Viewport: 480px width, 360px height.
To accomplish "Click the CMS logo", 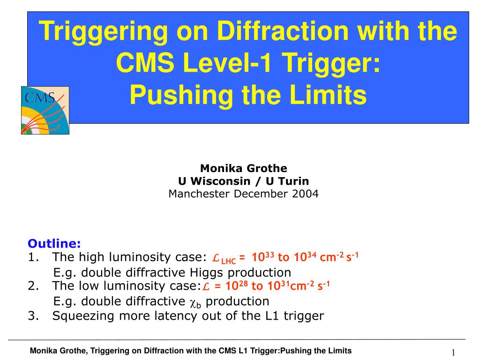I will pos(45,110).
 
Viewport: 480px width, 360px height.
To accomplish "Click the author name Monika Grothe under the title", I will pos(243,168).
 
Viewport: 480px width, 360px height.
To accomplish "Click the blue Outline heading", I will pos(54,243).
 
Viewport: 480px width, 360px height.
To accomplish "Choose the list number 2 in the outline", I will pos(31,286).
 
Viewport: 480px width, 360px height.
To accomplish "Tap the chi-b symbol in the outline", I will pos(196,302).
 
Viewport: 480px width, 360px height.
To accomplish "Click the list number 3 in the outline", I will pos(31,315).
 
